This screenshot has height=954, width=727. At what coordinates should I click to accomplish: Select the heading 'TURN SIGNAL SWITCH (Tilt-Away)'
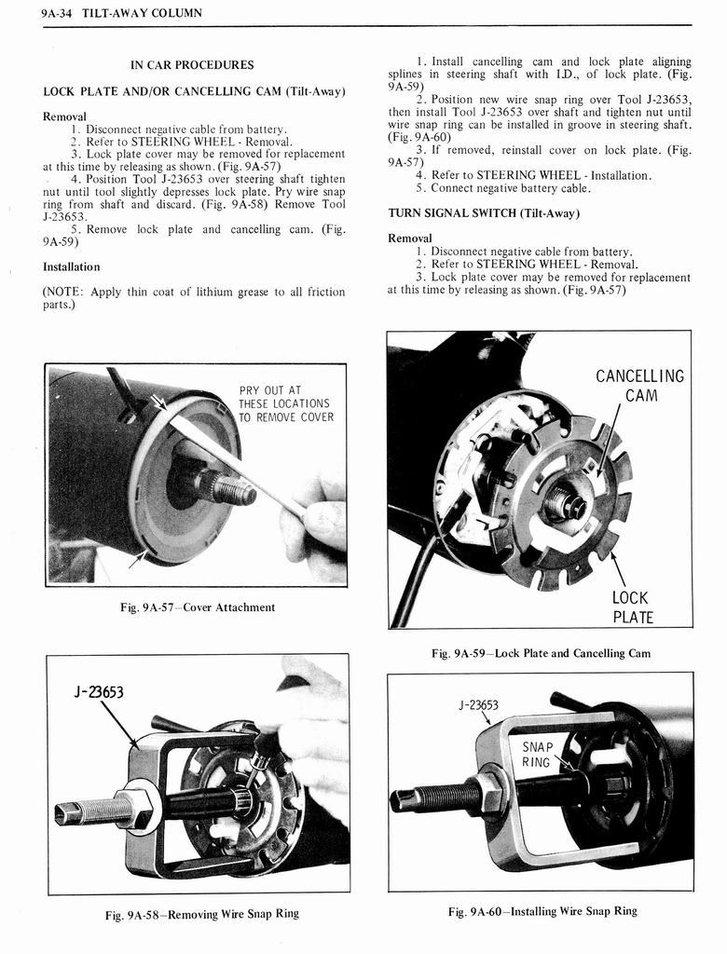click(x=484, y=213)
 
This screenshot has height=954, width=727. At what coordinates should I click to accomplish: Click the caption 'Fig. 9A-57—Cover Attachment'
click(x=197, y=607)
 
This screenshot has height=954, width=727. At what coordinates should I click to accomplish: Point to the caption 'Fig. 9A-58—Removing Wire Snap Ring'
click(x=201, y=913)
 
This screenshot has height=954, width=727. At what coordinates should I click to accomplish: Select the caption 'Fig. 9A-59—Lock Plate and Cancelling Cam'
click(x=541, y=653)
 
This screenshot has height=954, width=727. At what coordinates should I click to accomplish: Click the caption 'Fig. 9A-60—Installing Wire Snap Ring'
click(x=542, y=911)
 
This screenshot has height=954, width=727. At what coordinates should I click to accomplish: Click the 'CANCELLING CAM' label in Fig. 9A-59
click(x=639, y=386)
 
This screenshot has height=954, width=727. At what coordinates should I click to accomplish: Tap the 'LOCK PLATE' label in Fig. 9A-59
click(x=632, y=607)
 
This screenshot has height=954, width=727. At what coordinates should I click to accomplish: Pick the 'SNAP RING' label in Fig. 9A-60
click(x=536, y=755)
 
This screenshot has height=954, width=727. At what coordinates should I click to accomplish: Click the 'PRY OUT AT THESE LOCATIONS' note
click(x=285, y=403)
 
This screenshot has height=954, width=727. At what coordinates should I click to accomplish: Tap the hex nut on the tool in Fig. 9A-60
click(x=488, y=793)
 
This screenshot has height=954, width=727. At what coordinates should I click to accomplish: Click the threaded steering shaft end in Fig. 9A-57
click(x=229, y=487)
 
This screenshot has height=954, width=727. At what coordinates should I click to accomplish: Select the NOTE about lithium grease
click(x=194, y=298)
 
